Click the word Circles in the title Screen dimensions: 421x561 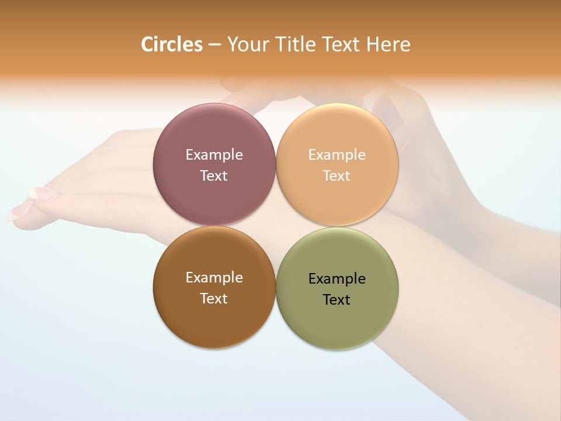[172, 44]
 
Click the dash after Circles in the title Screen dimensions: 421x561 [214, 45]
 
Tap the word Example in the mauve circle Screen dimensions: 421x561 [214, 155]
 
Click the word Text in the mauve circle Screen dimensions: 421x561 [214, 176]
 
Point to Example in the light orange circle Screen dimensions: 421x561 [337, 155]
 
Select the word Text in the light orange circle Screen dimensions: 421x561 [337, 176]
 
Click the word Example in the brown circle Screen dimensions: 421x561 [214, 278]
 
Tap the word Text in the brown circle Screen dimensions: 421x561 [214, 299]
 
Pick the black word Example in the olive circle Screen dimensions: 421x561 [337, 279]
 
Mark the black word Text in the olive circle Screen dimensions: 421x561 [337, 300]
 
